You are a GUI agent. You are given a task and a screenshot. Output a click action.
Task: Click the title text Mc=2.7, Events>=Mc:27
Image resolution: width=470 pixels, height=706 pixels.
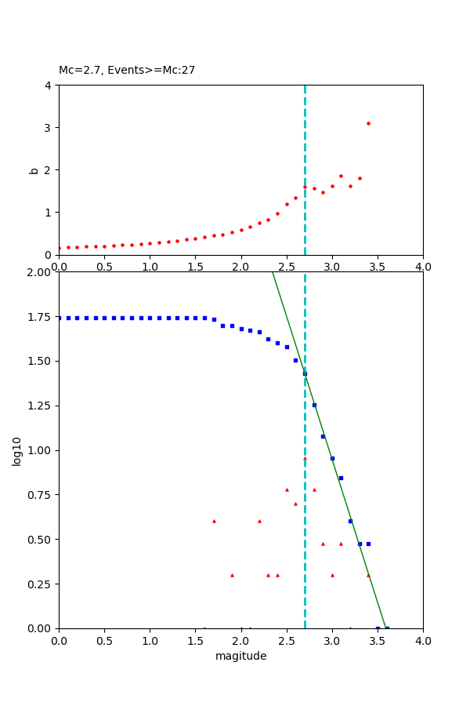pyautogui.click(x=127, y=71)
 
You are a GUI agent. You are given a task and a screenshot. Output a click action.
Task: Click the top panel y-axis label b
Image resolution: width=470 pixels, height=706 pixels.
pyautogui.click(x=34, y=169)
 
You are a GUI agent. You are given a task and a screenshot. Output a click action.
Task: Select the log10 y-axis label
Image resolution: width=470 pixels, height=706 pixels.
pyautogui.click(x=17, y=450)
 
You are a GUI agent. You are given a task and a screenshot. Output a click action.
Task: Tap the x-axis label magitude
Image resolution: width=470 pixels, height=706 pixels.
pyautogui.click(x=240, y=657)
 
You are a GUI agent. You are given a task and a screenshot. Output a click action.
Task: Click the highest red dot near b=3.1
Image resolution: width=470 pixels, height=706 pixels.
pyautogui.click(x=368, y=123)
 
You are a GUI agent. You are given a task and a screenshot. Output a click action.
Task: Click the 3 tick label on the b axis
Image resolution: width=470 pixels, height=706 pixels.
pyautogui.click(x=49, y=127)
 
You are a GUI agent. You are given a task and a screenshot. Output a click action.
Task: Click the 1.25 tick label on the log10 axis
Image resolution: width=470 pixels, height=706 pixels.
pyautogui.click(x=41, y=406)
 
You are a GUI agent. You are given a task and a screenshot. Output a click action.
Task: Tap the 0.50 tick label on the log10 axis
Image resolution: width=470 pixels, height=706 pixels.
pyautogui.click(x=41, y=540)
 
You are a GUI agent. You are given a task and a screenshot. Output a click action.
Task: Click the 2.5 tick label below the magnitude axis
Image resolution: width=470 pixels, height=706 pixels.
pyautogui.click(x=286, y=641)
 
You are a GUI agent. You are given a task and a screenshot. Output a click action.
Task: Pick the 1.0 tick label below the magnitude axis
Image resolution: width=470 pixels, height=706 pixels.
pyautogui.click(x=150, y=641)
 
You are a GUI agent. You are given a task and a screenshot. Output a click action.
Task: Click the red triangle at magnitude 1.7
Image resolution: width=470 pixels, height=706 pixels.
pyautogui.click(x=214, y=521)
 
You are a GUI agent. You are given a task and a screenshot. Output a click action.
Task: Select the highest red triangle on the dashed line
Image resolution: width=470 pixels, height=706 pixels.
pyautogui.click(x=305, y=458)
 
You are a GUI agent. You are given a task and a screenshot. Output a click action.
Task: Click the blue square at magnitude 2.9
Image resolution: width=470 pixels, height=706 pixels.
pyautogui.click(x=323, y=436)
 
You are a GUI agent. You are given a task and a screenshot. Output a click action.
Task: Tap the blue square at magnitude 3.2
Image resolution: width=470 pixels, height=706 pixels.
pyautogui.click(x=350, y=521)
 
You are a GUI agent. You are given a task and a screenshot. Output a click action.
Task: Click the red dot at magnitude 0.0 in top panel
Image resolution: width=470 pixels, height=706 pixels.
pyautogui.click(x=59, y=248)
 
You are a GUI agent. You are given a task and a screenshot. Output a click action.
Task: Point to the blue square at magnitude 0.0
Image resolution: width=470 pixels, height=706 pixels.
pyautogui.click(x=60, y=318)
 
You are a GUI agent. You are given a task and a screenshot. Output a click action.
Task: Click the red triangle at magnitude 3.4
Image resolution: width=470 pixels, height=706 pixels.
pyautogui.click(x=368, y=575)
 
